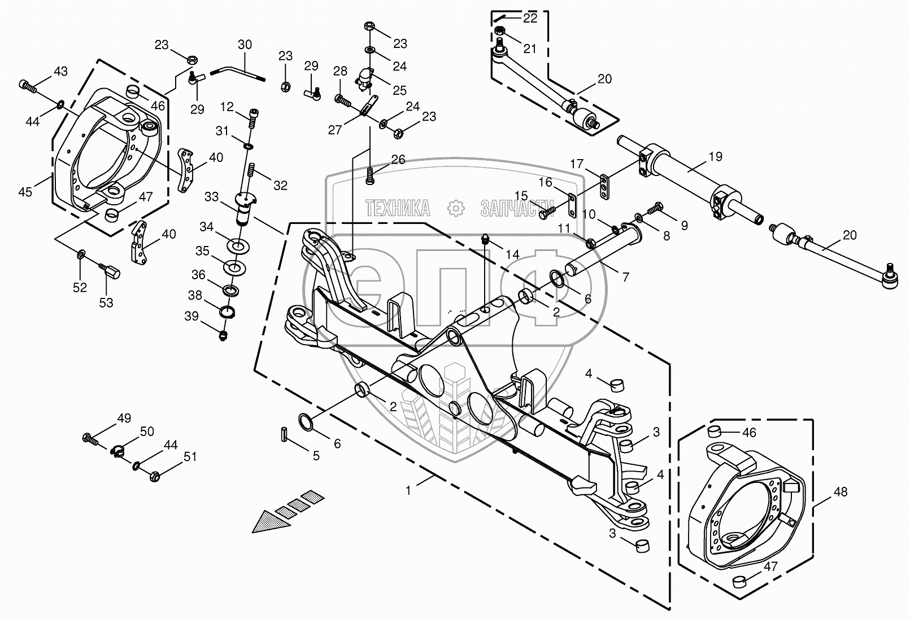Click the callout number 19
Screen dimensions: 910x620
716,157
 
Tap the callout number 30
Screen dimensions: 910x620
245,45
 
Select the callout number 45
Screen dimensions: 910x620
25,192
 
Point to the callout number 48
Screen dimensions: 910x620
841,492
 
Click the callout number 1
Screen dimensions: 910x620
408,491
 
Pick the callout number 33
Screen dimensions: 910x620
212,197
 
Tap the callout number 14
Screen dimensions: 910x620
513,254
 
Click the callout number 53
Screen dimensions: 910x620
106,303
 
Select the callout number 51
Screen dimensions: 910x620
190,457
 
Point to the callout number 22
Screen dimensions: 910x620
530,18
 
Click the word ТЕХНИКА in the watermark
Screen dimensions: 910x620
398,208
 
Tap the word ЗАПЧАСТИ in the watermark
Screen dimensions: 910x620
517,208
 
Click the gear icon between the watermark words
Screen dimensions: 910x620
456,208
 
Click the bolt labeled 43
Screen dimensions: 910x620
28,86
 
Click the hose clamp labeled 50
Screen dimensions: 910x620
117,451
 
